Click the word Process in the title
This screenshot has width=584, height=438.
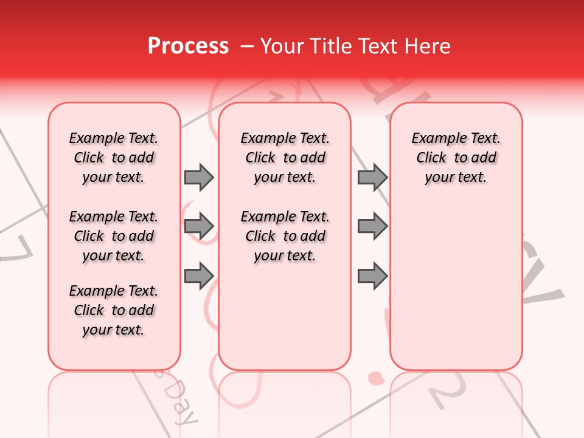[188, 46]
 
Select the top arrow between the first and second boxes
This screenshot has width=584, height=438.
[199, 177]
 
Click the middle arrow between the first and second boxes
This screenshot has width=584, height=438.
[199, 226]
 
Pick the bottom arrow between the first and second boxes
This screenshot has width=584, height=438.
[199, 276]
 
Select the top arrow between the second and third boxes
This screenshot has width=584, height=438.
[372, 177]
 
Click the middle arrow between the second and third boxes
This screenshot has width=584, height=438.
[372, 226]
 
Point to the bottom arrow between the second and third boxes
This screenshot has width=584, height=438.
[372, 276]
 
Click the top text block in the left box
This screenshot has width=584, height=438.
[114, 158]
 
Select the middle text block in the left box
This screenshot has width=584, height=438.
[114, 236]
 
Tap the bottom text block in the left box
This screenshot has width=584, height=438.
[114, 310]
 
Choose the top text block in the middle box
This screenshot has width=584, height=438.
[285, 158]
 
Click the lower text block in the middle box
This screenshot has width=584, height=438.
[285, 236]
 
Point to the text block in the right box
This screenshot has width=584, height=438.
[456, 158]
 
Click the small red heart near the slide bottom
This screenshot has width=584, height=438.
[377, 378]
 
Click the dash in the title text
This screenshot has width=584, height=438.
[247, 46]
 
